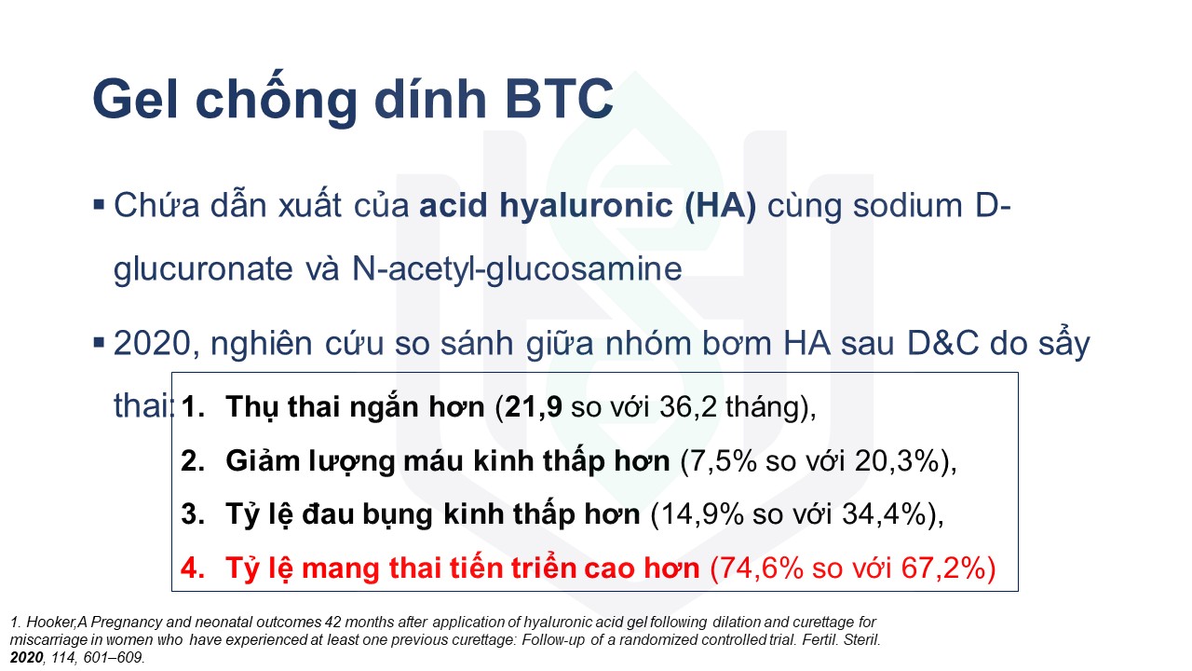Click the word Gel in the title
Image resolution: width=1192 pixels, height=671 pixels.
pos(135,99)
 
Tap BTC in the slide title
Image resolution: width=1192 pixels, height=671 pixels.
pos(559,99)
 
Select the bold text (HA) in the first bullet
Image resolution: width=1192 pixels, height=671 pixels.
pos(721,206)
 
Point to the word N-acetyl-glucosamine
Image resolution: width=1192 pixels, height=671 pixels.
pos(517,269)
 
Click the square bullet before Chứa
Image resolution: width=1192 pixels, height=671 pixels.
pos(99,205)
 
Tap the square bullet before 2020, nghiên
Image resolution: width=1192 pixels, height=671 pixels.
pos(99,341)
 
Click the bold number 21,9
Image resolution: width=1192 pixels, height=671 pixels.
pos(534,407)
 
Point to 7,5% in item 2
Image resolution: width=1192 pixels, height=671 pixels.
pos(725,461)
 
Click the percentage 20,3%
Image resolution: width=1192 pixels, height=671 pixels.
pos(897,461)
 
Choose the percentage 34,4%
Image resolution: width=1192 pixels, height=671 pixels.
pos(885,514)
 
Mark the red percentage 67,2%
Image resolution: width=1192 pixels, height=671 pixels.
pos(942,568)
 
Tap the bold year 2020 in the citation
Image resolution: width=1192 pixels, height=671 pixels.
pos(27,658)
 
